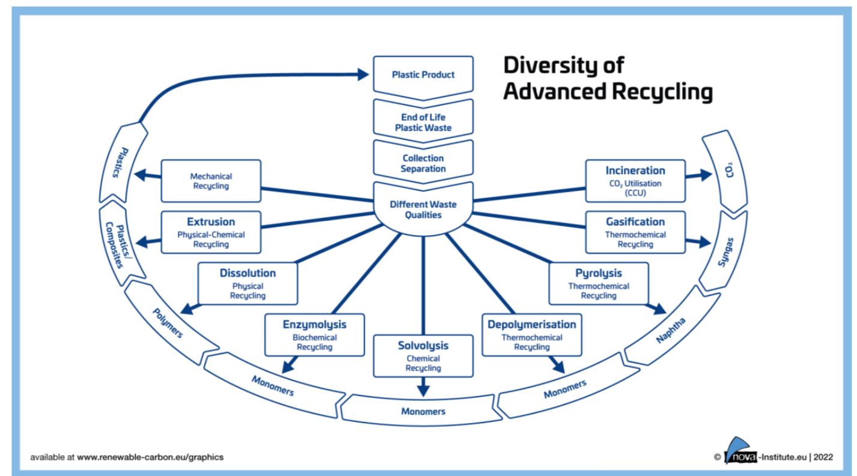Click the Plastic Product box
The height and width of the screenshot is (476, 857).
tap(423, 75)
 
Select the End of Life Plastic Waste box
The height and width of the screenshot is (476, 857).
tap(423, 122)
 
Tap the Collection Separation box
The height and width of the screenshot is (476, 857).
tap(423, 163)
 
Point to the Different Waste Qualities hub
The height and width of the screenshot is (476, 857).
tap(423, 209)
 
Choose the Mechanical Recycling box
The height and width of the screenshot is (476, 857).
tap(211, 181)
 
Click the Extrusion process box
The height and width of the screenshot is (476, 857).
tap(211, 232)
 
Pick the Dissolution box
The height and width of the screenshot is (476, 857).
tap(248, 283)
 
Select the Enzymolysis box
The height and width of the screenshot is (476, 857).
tap(314, 334)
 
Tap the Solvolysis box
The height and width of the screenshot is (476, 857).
tap(423, 356)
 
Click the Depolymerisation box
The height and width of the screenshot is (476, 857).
tap(531, 334)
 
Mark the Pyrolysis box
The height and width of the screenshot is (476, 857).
tap(599, 283)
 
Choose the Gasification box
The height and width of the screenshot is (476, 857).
tap(635, 232)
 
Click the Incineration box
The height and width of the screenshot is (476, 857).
tap(635, 181)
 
